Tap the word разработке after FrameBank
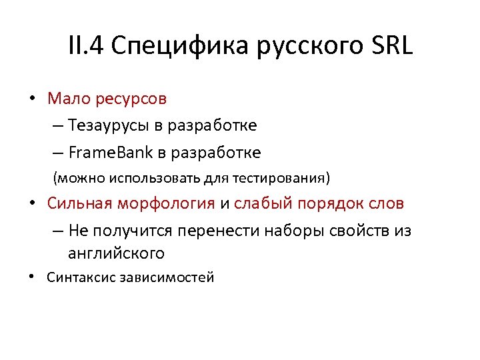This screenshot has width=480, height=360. [216, 153]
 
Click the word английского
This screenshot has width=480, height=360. [115, 253]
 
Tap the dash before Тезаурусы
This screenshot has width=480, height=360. [54, 125]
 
